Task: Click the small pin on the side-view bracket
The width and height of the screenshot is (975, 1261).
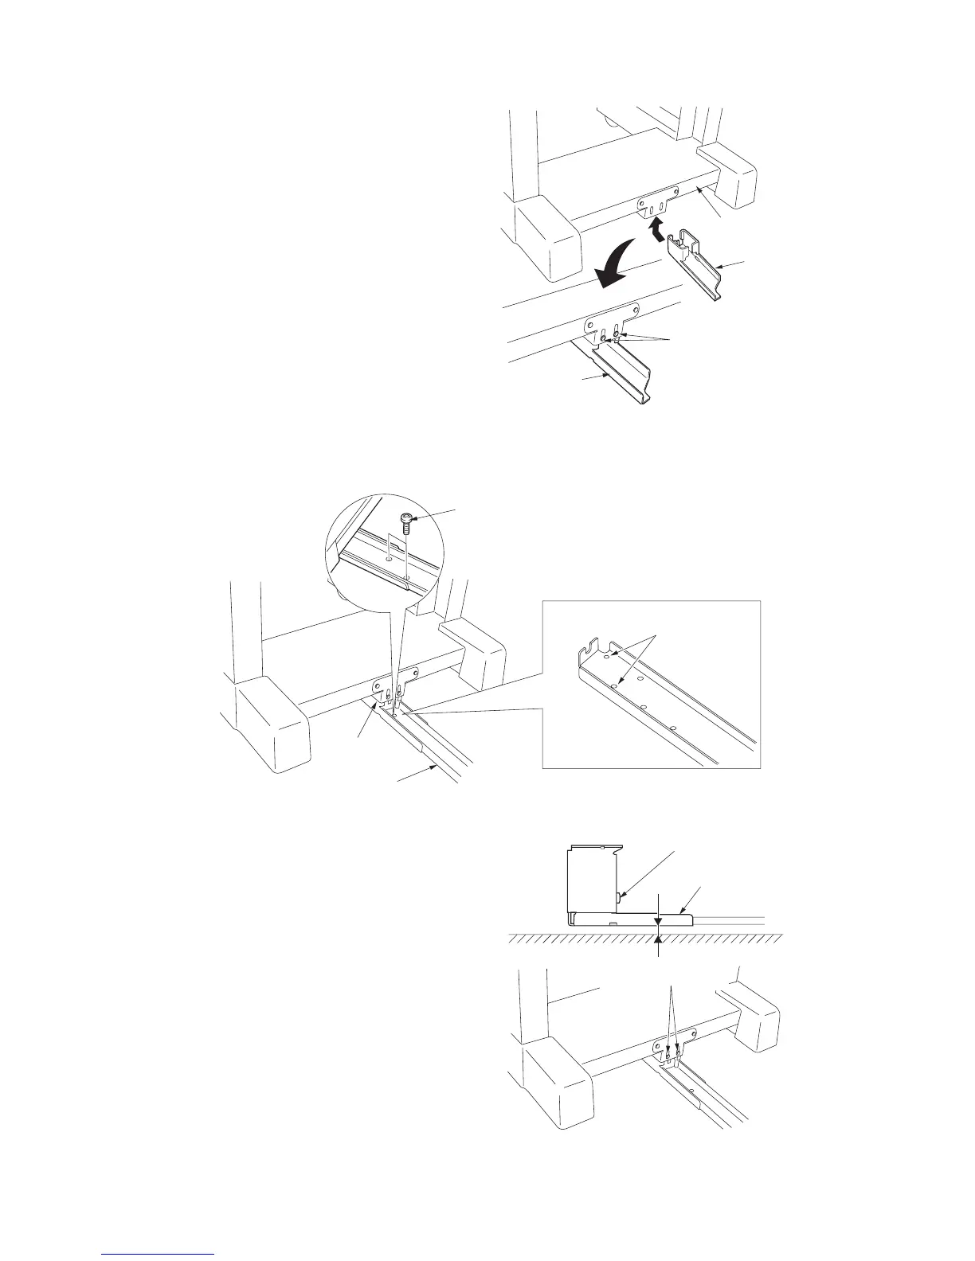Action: point(620,898)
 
